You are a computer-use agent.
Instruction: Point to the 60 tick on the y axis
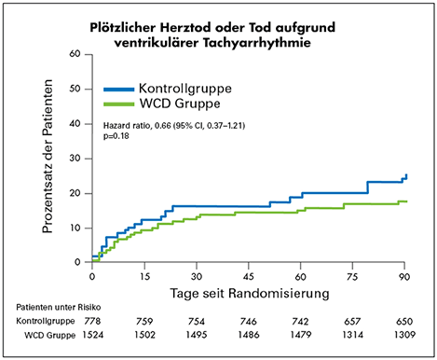click(75, 54)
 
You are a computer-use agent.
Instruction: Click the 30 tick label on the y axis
click(75, 159)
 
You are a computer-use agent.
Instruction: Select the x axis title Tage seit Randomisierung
click(249, 295)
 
